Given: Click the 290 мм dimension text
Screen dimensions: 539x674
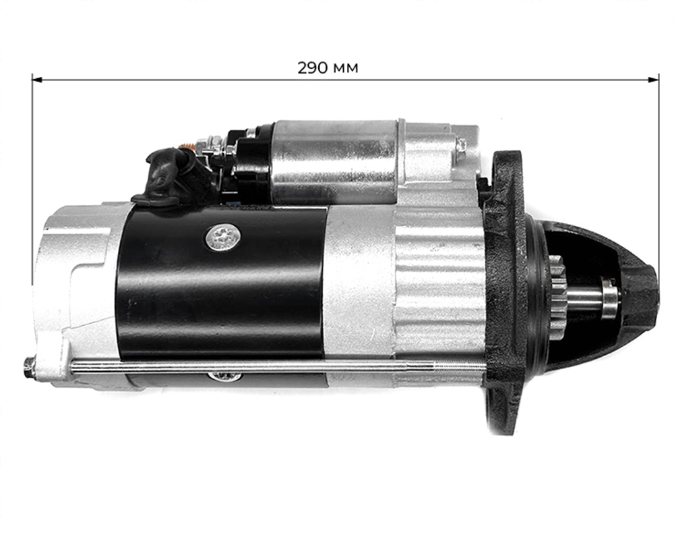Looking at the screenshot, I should coord(328,68).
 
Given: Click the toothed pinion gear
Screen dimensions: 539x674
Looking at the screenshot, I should coord(556,297).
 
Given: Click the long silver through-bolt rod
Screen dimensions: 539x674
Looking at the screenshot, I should coord(270,366).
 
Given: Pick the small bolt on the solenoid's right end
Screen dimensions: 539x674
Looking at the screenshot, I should coord(462,145).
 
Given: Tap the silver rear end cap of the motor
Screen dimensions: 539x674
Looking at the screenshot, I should coord(74,290).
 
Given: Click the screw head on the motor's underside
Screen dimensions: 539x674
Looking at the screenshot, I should coord(223,376).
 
